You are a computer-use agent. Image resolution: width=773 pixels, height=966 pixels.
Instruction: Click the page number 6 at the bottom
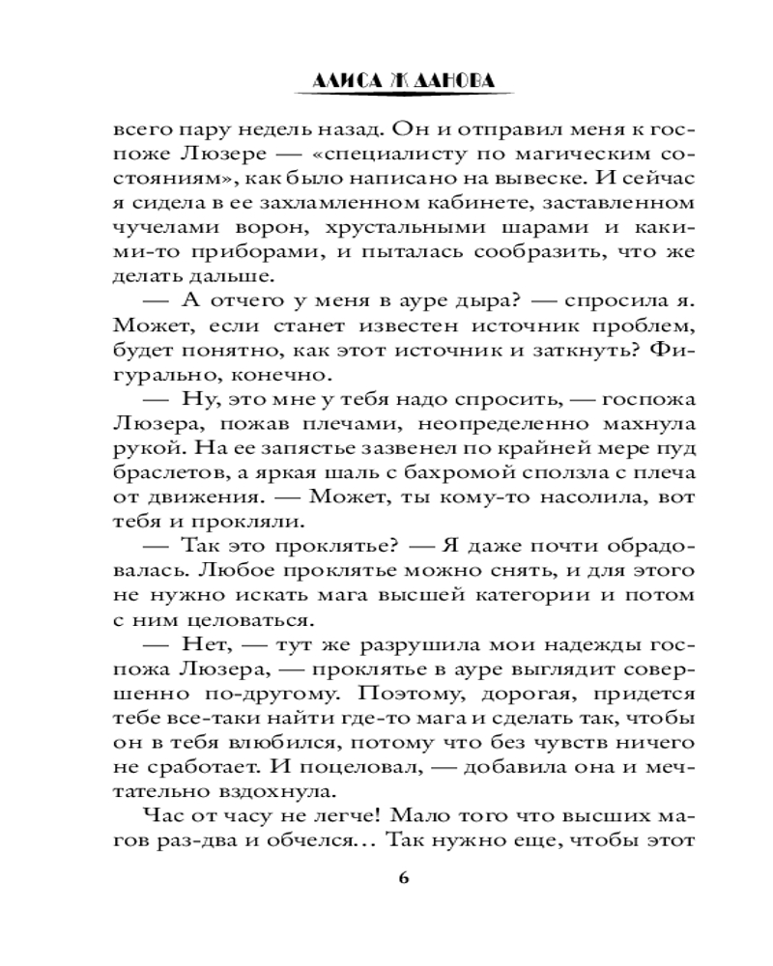[404, 877]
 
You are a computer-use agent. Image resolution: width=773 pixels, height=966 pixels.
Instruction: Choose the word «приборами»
[219, 254]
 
